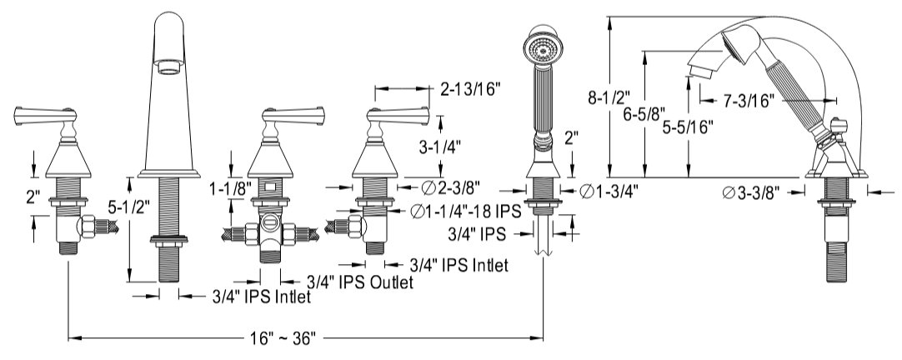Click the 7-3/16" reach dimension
(x=749, y=100)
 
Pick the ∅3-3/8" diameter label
(x=751, y=192)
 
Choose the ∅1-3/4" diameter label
(x=610, y=192)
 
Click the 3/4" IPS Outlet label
(x=359, y=282)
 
